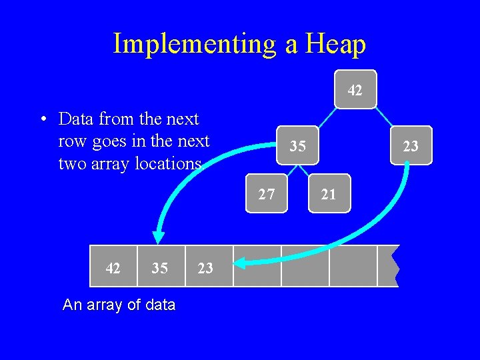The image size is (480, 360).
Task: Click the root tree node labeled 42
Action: click(x=355, y=89)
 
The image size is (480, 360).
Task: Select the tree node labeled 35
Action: click(x=298, y=145)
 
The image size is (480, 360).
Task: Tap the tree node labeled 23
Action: click(x=411, y=145)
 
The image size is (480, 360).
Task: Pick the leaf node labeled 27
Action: click(x=267, y=194)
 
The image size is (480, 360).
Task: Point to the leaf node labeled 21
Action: click(x=329, y=194)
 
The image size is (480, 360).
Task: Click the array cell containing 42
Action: click(x=113, y=267)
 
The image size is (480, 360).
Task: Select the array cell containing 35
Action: click(x=159, y=267)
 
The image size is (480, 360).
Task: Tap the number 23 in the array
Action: click(x=205, y=267)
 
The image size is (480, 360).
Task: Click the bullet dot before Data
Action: click(x=42, y=120)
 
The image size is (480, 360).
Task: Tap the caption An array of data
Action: click(x=119, y=305)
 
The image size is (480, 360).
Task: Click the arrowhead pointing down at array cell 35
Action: click(x=158, y=237)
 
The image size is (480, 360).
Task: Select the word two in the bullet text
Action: click(x=72, y=163)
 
